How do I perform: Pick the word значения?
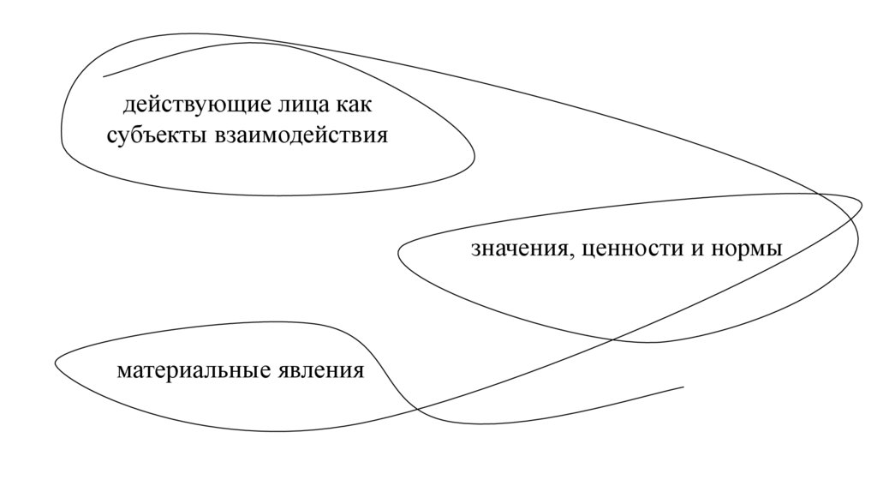point(516,249)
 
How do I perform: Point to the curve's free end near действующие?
point(104,77)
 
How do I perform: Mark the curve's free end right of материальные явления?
point(683,387)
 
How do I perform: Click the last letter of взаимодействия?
point(382,136)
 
